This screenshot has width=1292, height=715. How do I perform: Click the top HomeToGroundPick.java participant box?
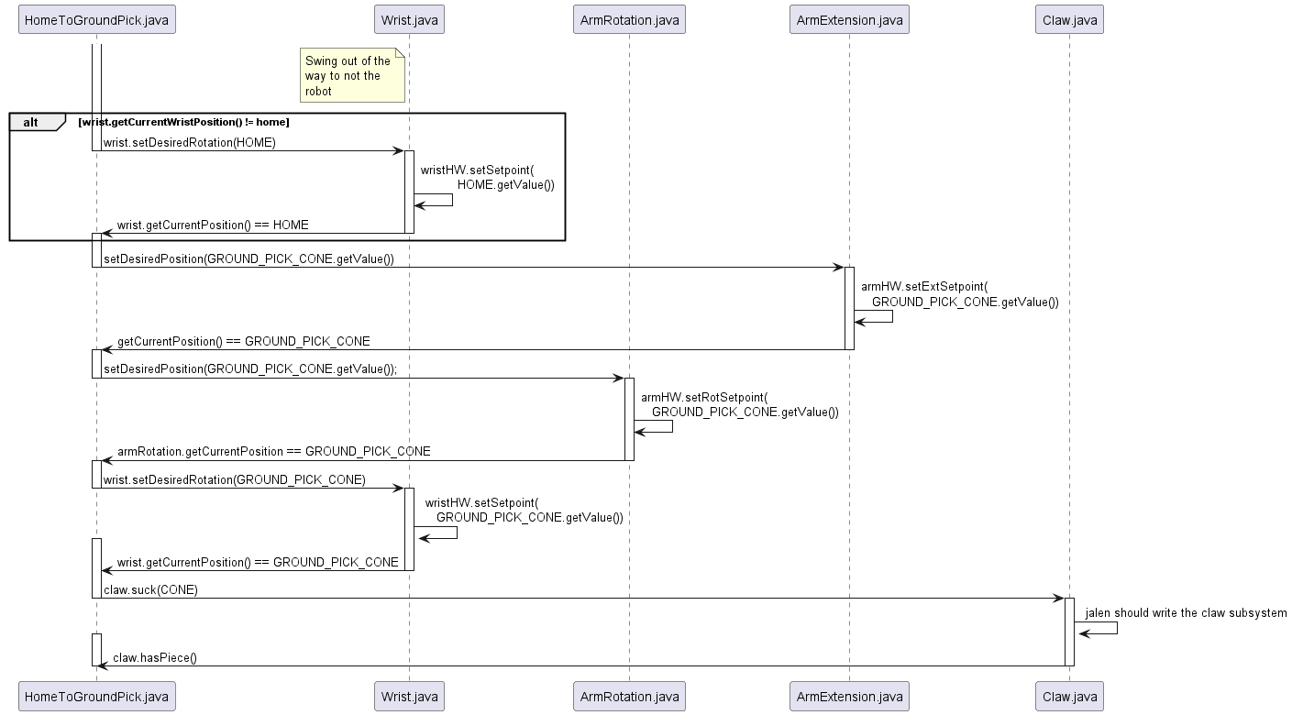tap(96, 20)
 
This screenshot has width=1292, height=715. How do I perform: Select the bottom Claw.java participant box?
tap(1068, 697)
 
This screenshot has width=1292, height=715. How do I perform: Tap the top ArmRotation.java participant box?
tap(628, 20)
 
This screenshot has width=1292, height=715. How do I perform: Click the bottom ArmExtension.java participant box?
tap(848, 697)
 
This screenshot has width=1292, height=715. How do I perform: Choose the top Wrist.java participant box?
tap(409, 20)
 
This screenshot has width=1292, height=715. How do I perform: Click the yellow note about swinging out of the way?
tap(352, 76)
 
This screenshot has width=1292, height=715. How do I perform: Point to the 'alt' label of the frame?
tap(31, 122)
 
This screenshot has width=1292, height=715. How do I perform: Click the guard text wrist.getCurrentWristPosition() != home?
tap(183, 122)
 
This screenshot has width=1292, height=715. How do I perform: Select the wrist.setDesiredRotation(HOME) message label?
tap(190, 142)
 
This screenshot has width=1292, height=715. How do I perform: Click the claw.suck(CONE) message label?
tap(150, 589)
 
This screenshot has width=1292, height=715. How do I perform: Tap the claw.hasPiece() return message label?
tap(155, 657)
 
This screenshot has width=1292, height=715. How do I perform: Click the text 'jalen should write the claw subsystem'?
tap(1186, 612)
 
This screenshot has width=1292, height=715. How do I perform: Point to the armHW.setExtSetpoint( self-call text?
tap(923, 286)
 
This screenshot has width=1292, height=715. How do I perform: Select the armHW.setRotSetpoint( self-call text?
tap(703, 397)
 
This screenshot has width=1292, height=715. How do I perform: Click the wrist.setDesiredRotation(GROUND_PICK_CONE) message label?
tap(235, 479)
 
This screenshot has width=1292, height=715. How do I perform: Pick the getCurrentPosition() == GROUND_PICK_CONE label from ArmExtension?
tap(243, 341)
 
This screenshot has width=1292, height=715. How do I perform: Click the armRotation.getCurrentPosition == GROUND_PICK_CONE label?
tap(273, 451)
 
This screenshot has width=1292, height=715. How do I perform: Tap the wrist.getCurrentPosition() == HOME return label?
tap(213, 225)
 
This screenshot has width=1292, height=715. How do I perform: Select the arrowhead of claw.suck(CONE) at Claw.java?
tap(1057, 599)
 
